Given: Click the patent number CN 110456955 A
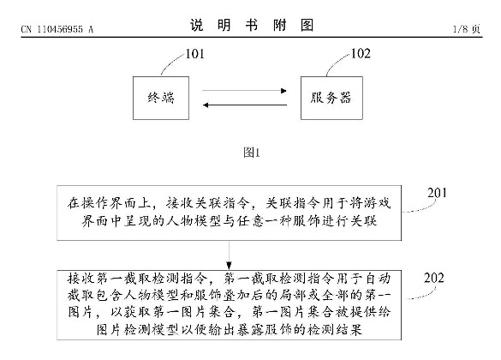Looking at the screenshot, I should click(57, 30).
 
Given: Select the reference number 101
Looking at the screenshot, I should click(195, 54).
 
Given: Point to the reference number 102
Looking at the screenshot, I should click(361, 54).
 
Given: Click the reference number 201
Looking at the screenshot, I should click(437, 193).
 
